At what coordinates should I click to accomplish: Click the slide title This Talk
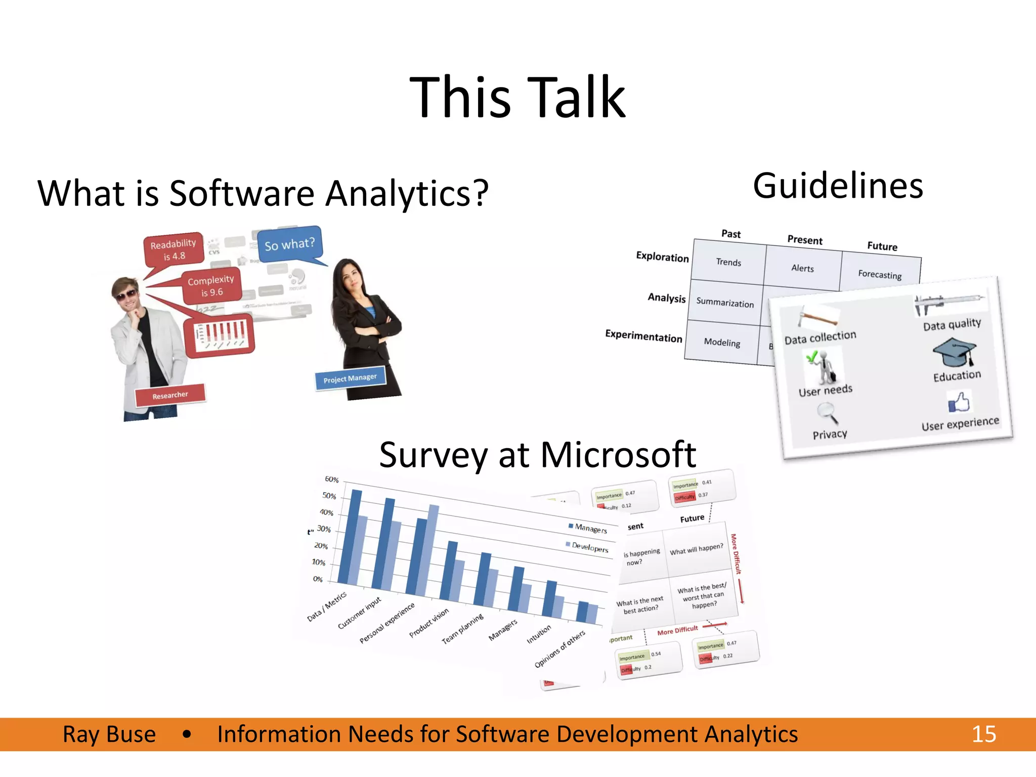coord(517,97)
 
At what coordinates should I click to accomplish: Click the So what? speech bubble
coord(289,244)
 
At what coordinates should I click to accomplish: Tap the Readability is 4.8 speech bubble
coord(174,249)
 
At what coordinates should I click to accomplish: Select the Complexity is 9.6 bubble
coord(211,286)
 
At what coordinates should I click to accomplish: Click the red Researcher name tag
coord(170,395)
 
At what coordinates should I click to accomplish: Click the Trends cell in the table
coord(728,262)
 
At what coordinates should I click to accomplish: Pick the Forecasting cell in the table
coord(880,274)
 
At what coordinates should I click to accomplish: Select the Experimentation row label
coord(643,336)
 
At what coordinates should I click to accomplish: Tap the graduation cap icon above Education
coord(954,352)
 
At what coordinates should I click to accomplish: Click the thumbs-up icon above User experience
coord(959,403)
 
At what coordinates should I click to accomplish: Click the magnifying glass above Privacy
coord(827,412)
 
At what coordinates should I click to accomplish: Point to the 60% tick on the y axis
coord(331,479)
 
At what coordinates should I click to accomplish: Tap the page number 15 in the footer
coord(983,734)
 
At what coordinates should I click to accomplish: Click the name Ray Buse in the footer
coord(109,734)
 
